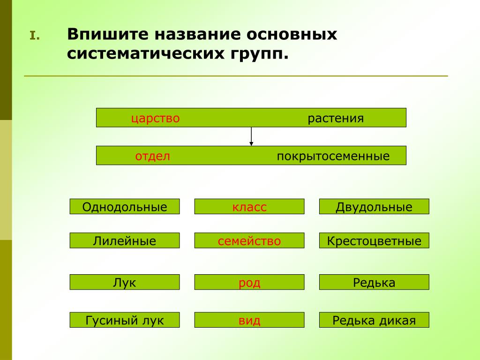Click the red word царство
[x=155, y=119]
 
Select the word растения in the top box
[x=336, y=119]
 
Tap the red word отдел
[x=152, y=156]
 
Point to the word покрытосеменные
[x=333, y=157]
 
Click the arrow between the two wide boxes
[x=251, y=136]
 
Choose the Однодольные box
[x=125, y=207]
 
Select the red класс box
[x=249, y=207]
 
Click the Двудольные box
[x=374, y=207]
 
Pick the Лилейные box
[x=125, y=240]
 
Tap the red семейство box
[x=249, y=240]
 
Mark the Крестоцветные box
[x=374, y=240]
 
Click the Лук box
[x=125, y=282]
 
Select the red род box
[x=249, y=282]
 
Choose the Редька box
[x=374, y=282]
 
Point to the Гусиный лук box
[x=125, y=320]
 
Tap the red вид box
[x=249, y=320]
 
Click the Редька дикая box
[x=374, y=320]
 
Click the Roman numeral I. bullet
[x=35, y=36]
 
